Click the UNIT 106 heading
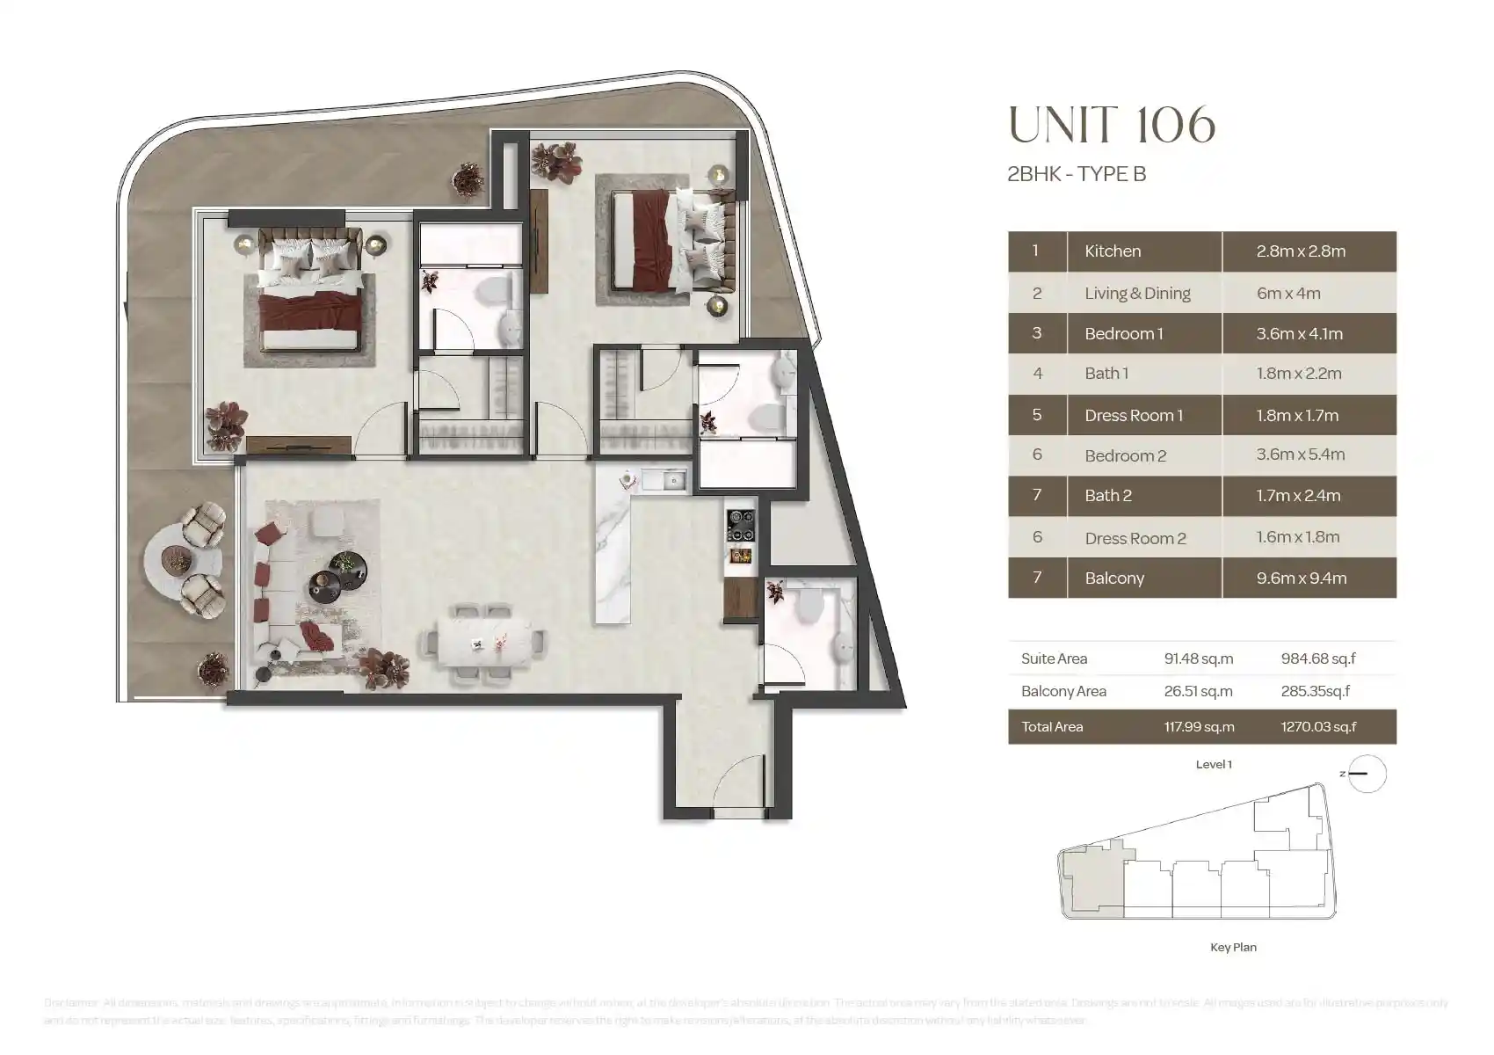coord(1112,125)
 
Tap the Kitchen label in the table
coord(1113,251)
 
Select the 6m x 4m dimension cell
coord(1288,294)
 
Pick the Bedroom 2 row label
coord(1125,455)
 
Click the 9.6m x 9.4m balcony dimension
coord(1301,578)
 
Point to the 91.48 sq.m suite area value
coord(1198,658)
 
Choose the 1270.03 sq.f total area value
coord(1318,727)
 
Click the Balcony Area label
coord(1063,691)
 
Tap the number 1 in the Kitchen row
coord(1035,251)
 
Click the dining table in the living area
coord(485,644)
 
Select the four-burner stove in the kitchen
coord(740,526)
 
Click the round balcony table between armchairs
coord(177,559)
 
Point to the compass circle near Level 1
coord(1367,775)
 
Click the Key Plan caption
coord(1233,947)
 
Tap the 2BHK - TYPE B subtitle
coord(1076,174)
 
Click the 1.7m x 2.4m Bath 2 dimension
coord(1298,496)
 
